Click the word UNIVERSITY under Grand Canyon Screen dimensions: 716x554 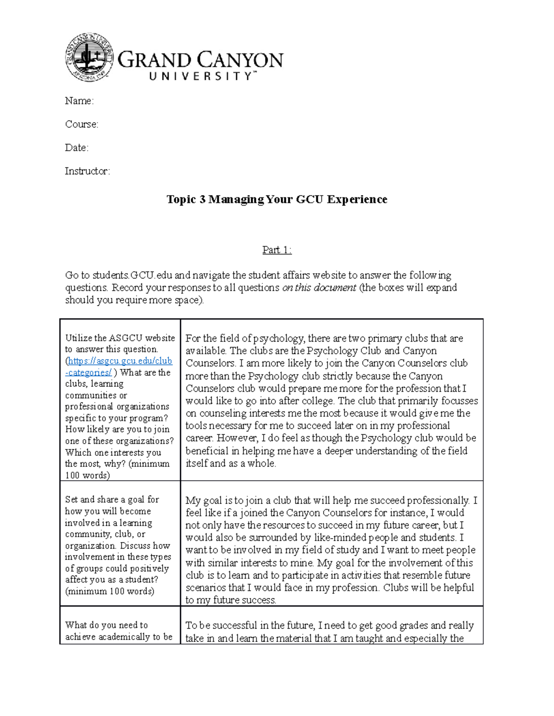pyautogui.click(x=201, y=77)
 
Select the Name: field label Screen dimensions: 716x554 pyautogui.click(x=79, y=101)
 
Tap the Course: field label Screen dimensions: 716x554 pyautogui.click(x=81, y=124)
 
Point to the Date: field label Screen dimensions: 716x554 pyautogui.click(x=77, y=148)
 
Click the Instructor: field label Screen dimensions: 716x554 pyautogui.click(x=87, y=172)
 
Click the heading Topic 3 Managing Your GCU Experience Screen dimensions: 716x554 pyautogui.click(x=277, y=199)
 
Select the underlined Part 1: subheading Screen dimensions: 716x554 pyautogui.click(x=277, y=250)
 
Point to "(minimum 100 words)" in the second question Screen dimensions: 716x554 pyautogui.click(x=110, y=591)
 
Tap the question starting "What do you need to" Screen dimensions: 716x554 pyautogui.click(x=106, y=625)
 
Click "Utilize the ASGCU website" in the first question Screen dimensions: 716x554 pyautogui.click(x=120, y=338)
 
